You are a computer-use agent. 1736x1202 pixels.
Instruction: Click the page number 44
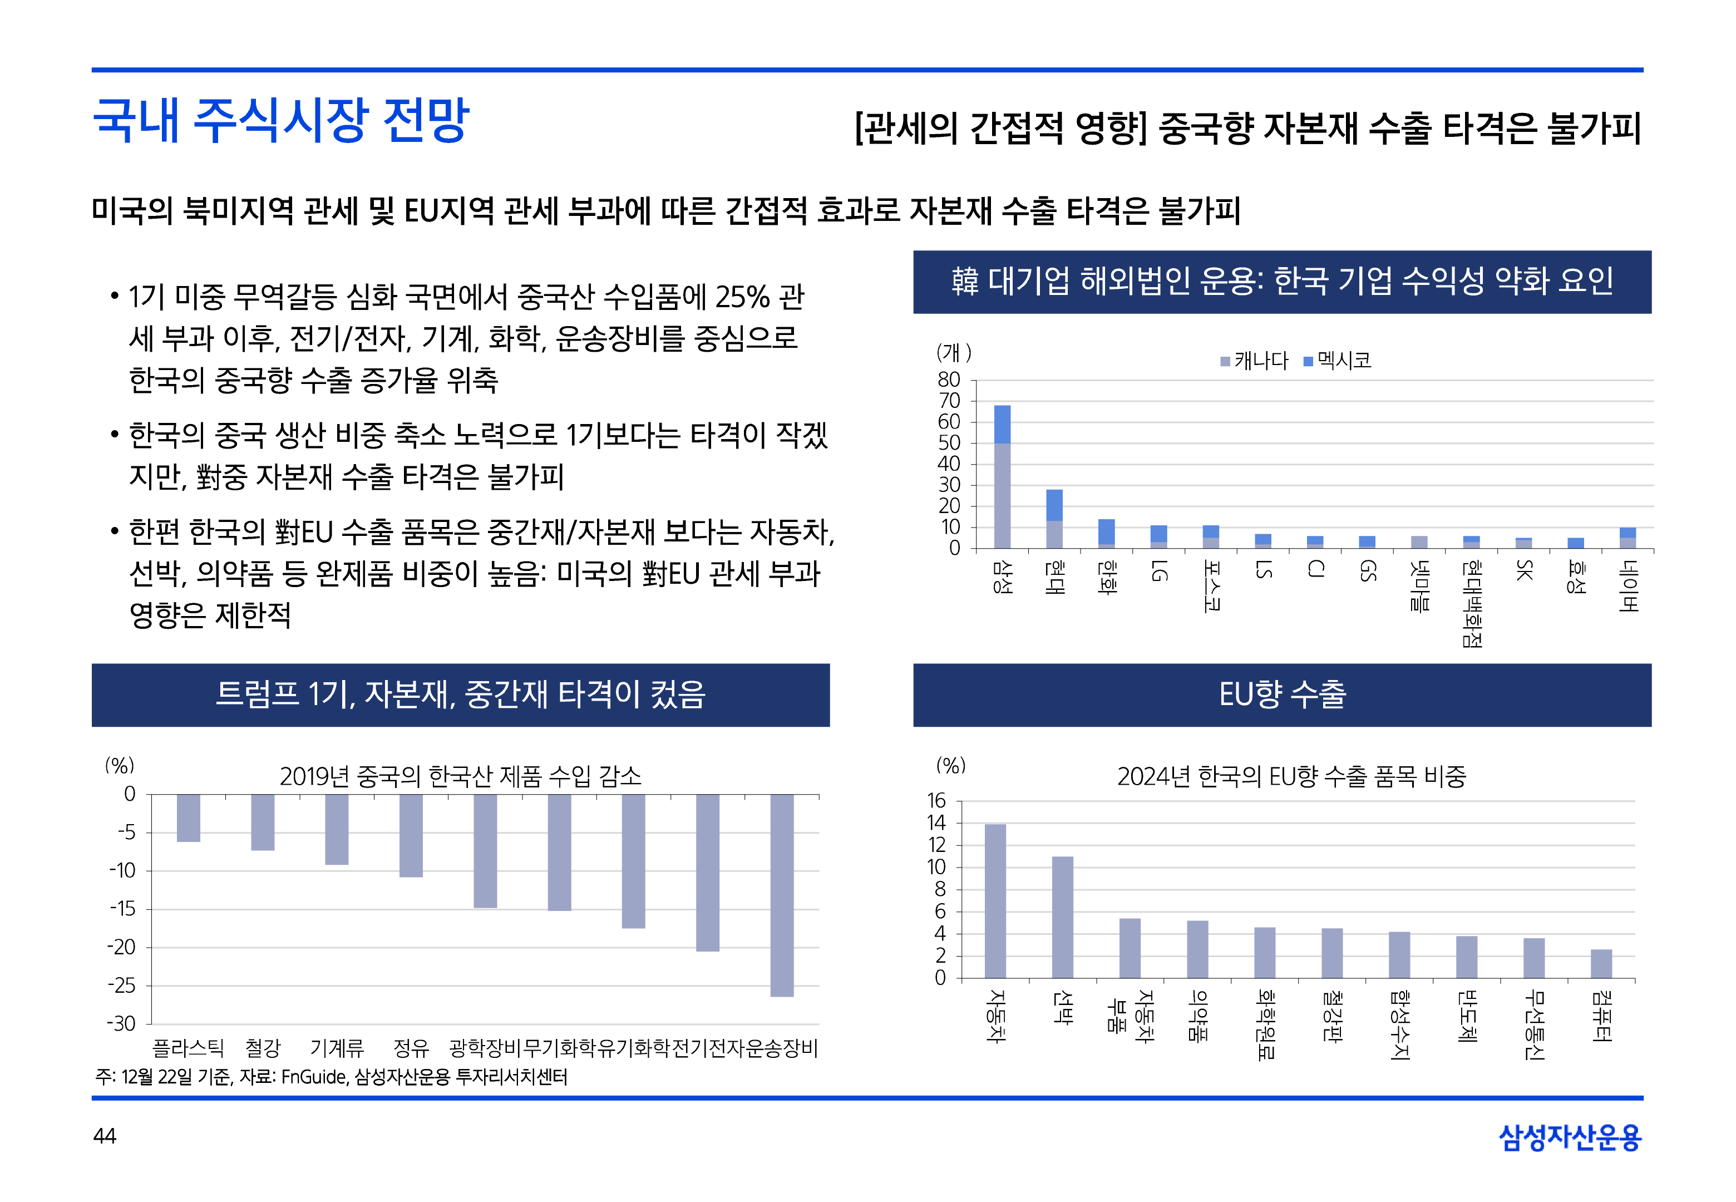(x=105, y=1136)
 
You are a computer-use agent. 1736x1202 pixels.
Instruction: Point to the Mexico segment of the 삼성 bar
(x=1002, y=424)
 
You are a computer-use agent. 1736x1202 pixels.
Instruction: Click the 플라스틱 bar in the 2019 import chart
(x=188, y=818)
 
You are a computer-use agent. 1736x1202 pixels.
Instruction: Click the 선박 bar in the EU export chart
(x=1062, y=917)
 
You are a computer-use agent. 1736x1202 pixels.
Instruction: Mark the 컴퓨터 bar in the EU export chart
(x=1601, y=963)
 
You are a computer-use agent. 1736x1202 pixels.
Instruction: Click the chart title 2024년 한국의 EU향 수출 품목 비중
(x=1291, y=776)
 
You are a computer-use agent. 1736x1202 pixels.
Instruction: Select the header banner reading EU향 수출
(x=1281, y=694)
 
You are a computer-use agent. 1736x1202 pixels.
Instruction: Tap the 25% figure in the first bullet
(x=742, y=298)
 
